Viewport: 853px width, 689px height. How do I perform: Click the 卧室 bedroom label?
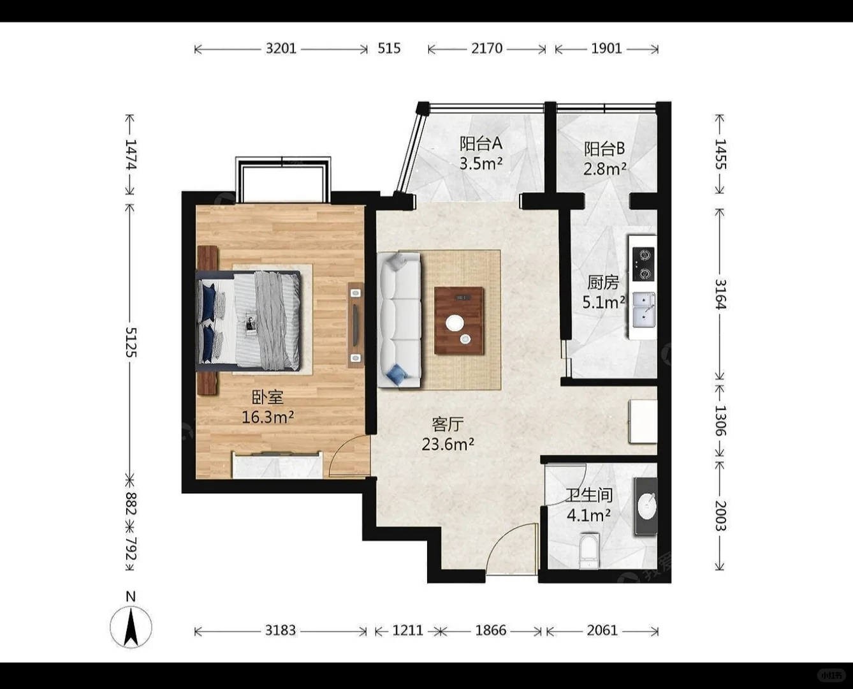pyautogui.click(x=268, y=397)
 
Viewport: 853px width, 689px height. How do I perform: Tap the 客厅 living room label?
pyautogui.click(x=448, y=424)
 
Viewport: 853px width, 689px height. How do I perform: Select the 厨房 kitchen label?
pyautogui.click(x=603, y=283)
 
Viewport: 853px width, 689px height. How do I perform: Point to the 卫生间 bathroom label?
pyautogui.click(x=589, y=496)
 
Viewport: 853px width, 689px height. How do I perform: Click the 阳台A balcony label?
pyautogui.click(x=481, y=144)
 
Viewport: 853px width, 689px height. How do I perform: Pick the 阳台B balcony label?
pyautogui.click(x=604, y=149)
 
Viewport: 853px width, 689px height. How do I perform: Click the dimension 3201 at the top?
pyautogui.click(x=281, y=48)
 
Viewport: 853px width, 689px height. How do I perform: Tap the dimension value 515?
pyautogui.click(x=389, y=48)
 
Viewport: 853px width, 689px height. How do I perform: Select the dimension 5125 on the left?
pyautogui.click(x=131, y=343)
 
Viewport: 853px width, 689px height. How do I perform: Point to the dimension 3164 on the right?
pyautogui.click(x=720, y=295)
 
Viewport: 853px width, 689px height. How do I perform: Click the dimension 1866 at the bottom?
pyautogui.click(x=491, y=630)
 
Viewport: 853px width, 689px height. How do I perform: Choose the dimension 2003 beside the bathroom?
pyautogui.click(x=720, y=516)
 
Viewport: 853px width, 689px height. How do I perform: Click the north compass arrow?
pyautogui.click(x=131, y=627)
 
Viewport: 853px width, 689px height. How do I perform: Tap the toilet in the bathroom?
pyautogui.click(x=589, y=551)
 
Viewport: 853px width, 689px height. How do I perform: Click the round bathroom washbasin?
pyautogui.click(x=646, y=507)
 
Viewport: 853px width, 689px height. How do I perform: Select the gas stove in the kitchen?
pyautogui.click(x=643, y=264)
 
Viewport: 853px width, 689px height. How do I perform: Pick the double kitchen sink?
pyautogui.click(x=643, y=310)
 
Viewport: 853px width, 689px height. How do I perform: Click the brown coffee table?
pyautogui.click(x=459, y=321)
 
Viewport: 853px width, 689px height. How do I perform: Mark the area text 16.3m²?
pyautogui.click(x=268, y=417)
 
